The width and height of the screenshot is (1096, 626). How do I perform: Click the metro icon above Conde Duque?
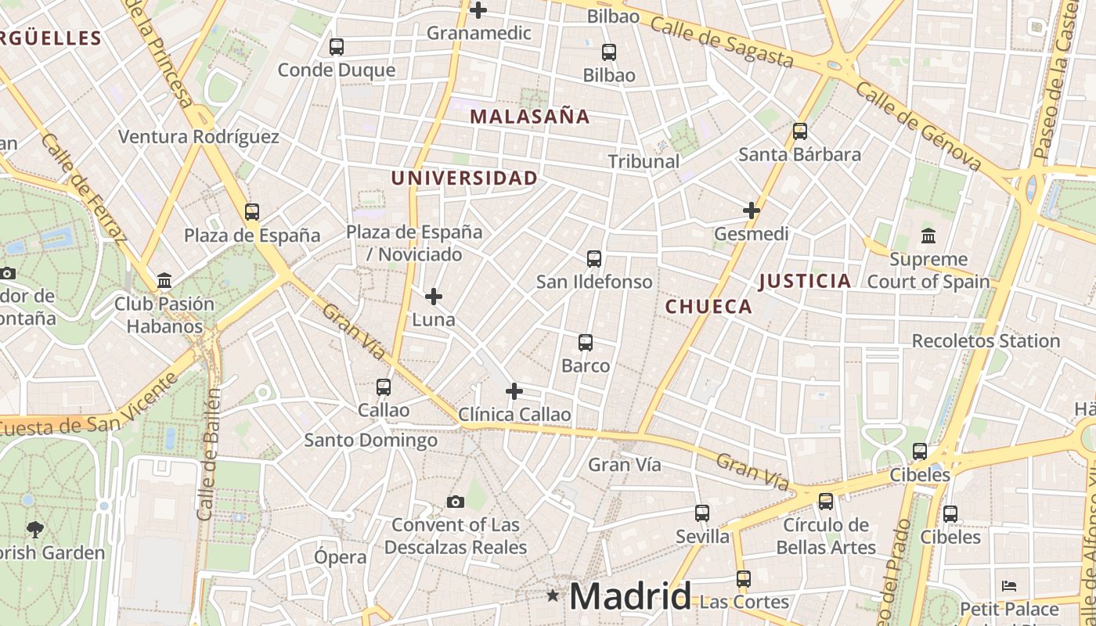[x=337, y=47]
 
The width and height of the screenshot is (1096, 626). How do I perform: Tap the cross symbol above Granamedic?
[x=478, y=10]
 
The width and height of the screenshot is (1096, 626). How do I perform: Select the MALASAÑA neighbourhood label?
[x=529, y=117]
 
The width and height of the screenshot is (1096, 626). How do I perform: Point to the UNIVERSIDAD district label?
[x=464, y=178]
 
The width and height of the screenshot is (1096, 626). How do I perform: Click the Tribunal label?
[x=644, y=161]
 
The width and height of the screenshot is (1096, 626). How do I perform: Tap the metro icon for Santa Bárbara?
[x=800, y=131]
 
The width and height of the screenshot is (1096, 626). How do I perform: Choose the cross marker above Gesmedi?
[x=752, y=210]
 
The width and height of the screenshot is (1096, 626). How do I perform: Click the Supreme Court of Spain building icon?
[x=928, y=236]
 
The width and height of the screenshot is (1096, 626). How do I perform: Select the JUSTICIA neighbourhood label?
[x=805, y=281]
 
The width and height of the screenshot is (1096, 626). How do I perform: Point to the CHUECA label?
[x=708, y=307]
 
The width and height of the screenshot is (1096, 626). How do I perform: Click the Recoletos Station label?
[x=986, y=341]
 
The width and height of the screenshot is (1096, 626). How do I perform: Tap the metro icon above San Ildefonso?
[x=594, y=259]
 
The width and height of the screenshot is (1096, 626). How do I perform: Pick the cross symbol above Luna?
[x=434, y=297]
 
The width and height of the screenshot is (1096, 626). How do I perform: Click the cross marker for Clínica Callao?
[x=514, y=391]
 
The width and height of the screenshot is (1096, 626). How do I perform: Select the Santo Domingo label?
[x=370, y=441]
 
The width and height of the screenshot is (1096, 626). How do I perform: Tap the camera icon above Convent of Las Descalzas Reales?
[x=455, y=502]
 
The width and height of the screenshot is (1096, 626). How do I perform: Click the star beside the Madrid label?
[x=553, y=596]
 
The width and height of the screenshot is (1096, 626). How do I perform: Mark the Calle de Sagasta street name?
[x=721, y=42]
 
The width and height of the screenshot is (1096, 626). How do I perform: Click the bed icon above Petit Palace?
[x=1009, y=585]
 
